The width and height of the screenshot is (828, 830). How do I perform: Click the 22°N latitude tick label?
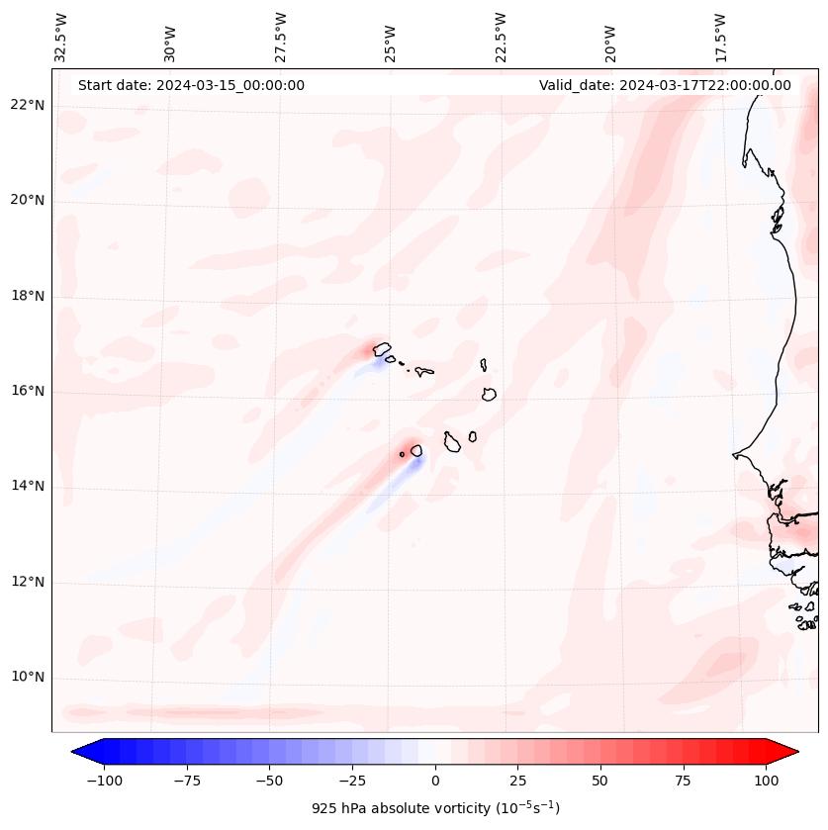click(29, 106)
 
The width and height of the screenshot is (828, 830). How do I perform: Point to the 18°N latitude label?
click(29, 296)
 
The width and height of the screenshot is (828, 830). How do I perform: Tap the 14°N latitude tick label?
click(29, 486)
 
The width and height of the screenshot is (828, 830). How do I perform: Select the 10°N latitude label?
click(29, 678)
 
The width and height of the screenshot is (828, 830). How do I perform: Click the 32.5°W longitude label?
click(61, 37)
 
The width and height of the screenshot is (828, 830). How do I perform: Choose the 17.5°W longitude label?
click(720, 37)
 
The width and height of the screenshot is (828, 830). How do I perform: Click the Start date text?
click(191, 85)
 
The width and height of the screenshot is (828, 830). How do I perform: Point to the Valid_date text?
click(665, 85)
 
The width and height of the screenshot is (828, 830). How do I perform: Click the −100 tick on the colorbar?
click(105, 781)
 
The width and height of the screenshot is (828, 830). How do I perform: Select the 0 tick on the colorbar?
click(435, 781)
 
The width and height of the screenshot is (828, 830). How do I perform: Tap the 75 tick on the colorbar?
click(683, 781)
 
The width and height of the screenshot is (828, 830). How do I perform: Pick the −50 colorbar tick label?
click(270, 781)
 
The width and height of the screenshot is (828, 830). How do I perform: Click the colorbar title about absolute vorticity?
click(435, 808)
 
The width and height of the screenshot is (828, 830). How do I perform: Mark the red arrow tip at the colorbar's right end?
click(795, 752)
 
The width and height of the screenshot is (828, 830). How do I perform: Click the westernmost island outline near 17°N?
click(382, 348)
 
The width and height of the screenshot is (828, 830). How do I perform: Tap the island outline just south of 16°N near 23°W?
click(489, 394)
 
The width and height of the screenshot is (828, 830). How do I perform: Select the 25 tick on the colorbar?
click(517, 781)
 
